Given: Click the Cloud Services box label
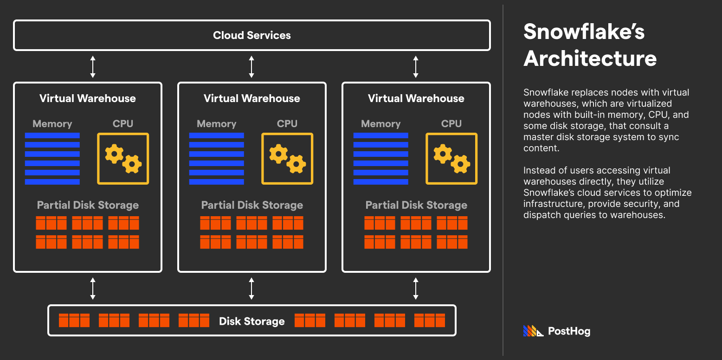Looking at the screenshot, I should (252, 35).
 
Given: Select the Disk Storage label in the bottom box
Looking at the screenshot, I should (252, 321).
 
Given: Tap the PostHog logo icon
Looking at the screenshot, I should (533, 331).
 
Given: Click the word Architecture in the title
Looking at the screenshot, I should (590, 59).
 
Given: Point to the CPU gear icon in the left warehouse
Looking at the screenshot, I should (123, 159).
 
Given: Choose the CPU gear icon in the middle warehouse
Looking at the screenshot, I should (287, 159).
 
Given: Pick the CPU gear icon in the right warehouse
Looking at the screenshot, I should (451, 159).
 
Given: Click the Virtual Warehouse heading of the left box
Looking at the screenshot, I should (88, 98).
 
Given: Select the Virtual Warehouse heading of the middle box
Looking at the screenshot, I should (252, 98).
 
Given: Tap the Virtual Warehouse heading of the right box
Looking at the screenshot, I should (416, 98).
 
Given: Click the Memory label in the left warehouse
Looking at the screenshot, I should (52, 124).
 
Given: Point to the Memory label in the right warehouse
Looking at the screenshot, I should (381, 124).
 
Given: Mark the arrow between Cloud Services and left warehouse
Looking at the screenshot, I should (93, 66).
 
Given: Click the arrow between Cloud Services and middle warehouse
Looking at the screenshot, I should (251, 66).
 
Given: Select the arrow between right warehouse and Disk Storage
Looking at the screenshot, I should (416, 289).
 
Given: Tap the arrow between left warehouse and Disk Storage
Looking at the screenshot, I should (93, 289).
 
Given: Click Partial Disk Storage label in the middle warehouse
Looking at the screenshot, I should (252, 205).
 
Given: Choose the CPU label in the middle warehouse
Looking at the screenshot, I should (287, 124).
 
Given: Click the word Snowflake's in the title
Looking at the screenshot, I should (584, 32).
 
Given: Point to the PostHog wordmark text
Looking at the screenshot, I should (569, 331).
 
